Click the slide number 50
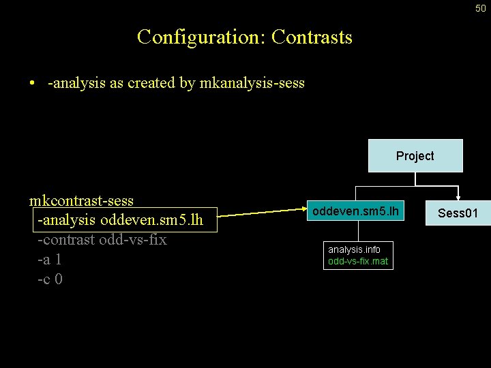pos(481,7)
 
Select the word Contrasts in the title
pos(312,37)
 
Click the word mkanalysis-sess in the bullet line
pos(252,83)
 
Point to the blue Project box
pos(415,156)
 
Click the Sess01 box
pos(458,213)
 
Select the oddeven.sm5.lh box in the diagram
pos(355,212)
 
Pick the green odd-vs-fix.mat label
pos(358,260)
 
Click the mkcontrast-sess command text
pos(81,201)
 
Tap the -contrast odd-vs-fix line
pos(102,240)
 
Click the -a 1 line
pos(50,260)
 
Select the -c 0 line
pos(50,279)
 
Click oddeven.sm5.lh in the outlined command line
pos(151,221)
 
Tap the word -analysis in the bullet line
pos(76,83)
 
